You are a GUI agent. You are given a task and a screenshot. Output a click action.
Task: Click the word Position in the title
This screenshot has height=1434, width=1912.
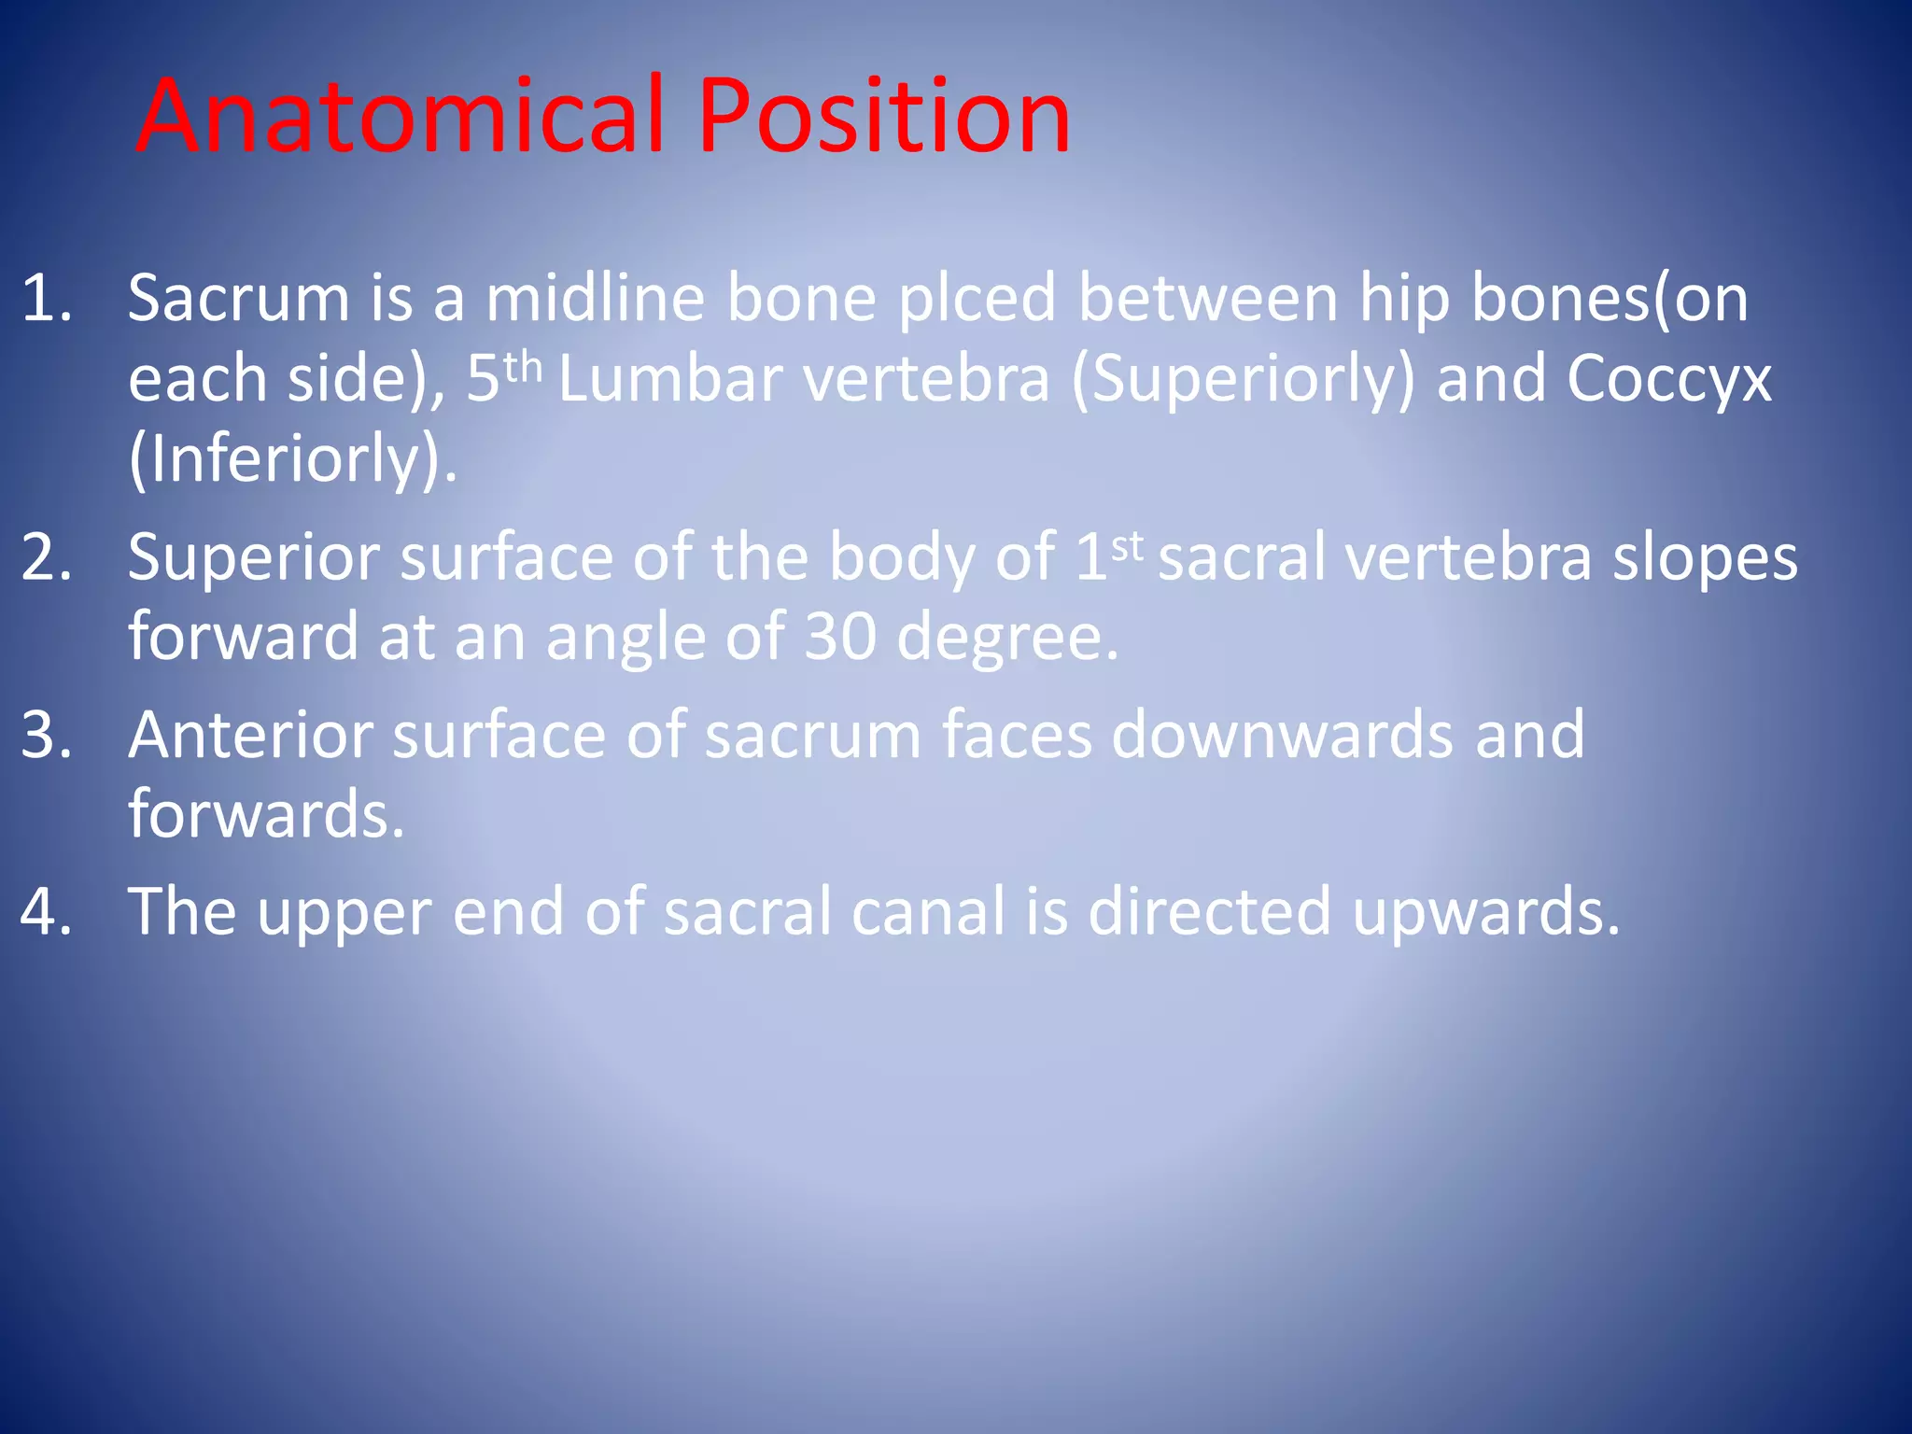[x=883, y=116]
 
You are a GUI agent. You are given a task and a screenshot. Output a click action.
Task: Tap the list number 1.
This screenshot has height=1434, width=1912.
[x=46, y=299]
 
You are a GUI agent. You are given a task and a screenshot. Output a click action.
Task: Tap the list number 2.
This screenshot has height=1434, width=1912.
[x=46, y=557]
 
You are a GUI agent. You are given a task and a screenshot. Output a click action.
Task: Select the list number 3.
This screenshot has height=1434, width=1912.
[x=46, y=735]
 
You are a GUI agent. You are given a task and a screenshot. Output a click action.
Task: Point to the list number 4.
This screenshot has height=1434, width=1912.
[x=46, y=911]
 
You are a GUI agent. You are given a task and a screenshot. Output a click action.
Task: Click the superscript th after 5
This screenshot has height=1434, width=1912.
[x=522, y=366]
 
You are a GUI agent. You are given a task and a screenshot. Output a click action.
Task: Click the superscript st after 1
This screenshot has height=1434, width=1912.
[x=1127, y=545]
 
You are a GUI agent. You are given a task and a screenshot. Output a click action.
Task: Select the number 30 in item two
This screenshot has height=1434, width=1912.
[x=840, y=637]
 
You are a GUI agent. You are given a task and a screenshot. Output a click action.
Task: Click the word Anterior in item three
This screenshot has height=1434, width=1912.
[x=250, y=735]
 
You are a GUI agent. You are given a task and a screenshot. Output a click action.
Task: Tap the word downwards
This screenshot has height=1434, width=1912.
[x=1282, y=735]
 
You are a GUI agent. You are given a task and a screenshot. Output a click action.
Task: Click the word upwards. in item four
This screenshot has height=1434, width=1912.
[x=1485, y=913]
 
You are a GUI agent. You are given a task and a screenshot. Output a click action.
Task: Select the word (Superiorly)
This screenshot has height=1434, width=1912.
[x=1243, y=380]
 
